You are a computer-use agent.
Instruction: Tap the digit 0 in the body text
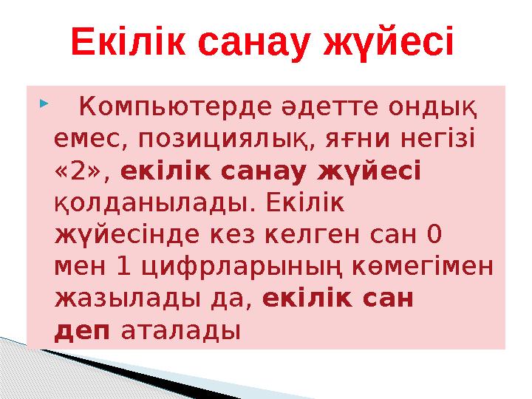pos(435,233)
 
